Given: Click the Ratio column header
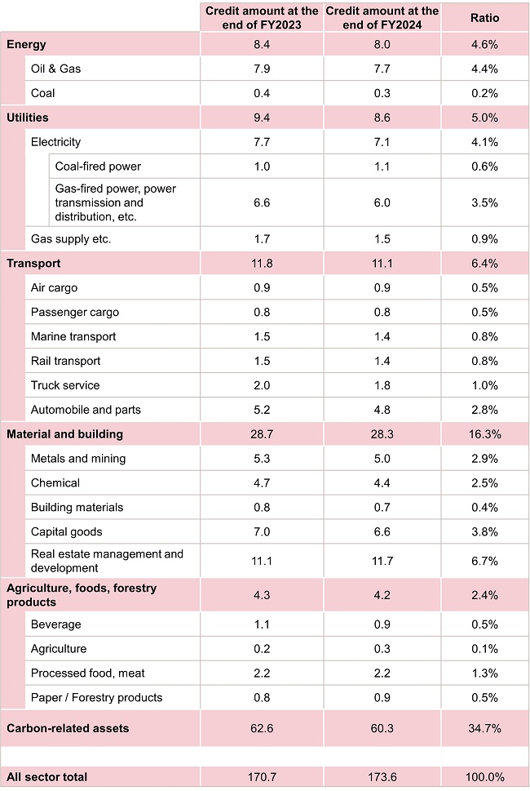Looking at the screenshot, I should [485, 17].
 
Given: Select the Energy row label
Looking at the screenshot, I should [26, 44].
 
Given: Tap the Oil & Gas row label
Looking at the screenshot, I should [55, 69].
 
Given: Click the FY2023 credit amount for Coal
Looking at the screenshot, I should [262, 93].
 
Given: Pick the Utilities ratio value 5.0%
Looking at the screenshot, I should [485, 118].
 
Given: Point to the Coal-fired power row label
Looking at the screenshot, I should [98, 167].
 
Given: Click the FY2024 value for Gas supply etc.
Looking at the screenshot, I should [382, 239].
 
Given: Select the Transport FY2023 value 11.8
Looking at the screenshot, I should [262, 264].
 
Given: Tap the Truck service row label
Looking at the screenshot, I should [65, 385].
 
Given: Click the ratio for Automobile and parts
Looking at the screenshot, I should [485, 410].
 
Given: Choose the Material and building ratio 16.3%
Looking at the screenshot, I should [485, 434].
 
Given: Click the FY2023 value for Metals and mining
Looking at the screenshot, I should [262, 459].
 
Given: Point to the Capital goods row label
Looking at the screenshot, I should [67, 531].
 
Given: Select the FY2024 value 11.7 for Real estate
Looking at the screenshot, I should [382, 561].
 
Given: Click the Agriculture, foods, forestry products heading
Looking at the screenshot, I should [82, 595].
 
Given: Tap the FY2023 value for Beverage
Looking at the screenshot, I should [262, 624].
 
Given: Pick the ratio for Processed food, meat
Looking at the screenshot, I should [485, 673].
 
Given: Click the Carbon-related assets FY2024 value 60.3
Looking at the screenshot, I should [382, 728].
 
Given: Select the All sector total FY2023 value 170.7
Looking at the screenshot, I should [262, 777].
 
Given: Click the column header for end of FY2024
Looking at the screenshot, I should [382, 17].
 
